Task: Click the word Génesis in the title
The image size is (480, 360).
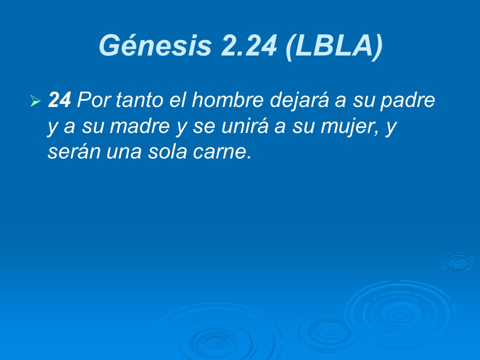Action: pyautogui.click(x=154, y=45)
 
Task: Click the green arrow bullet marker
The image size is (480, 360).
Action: pyautogui.click(x=34, y=101)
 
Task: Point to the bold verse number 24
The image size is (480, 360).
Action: pyautogui.click(x=59, y=101)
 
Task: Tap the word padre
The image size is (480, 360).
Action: pyautogui.click(x=409, y=101)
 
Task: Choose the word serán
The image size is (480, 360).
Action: pyautogui.click(x=72, y=152)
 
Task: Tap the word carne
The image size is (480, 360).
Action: pyautogui.click(x=228, y=152)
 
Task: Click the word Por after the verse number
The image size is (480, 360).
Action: pyautogui.click(x=93, y=101)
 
